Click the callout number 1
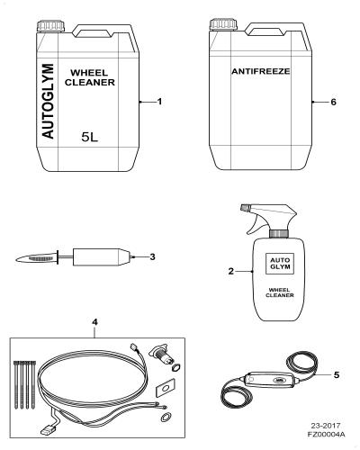[159, 102]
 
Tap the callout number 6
[333, 102]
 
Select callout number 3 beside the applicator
[152, 256]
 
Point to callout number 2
[230, 271]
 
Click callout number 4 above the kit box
[94, 322]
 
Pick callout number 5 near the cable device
[337, 374]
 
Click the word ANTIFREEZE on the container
[261, 71]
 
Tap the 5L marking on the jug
[90, 138]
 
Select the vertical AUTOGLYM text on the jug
[48, 101]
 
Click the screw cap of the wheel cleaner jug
[50, 26]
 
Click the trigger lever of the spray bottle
[255, 225]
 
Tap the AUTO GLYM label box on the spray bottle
[280, 264]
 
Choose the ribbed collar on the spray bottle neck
[279, 234]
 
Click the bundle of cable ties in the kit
[24, 385]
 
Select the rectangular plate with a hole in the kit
[164, 389]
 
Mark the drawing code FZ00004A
[326, 434]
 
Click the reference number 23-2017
[326, 426]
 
